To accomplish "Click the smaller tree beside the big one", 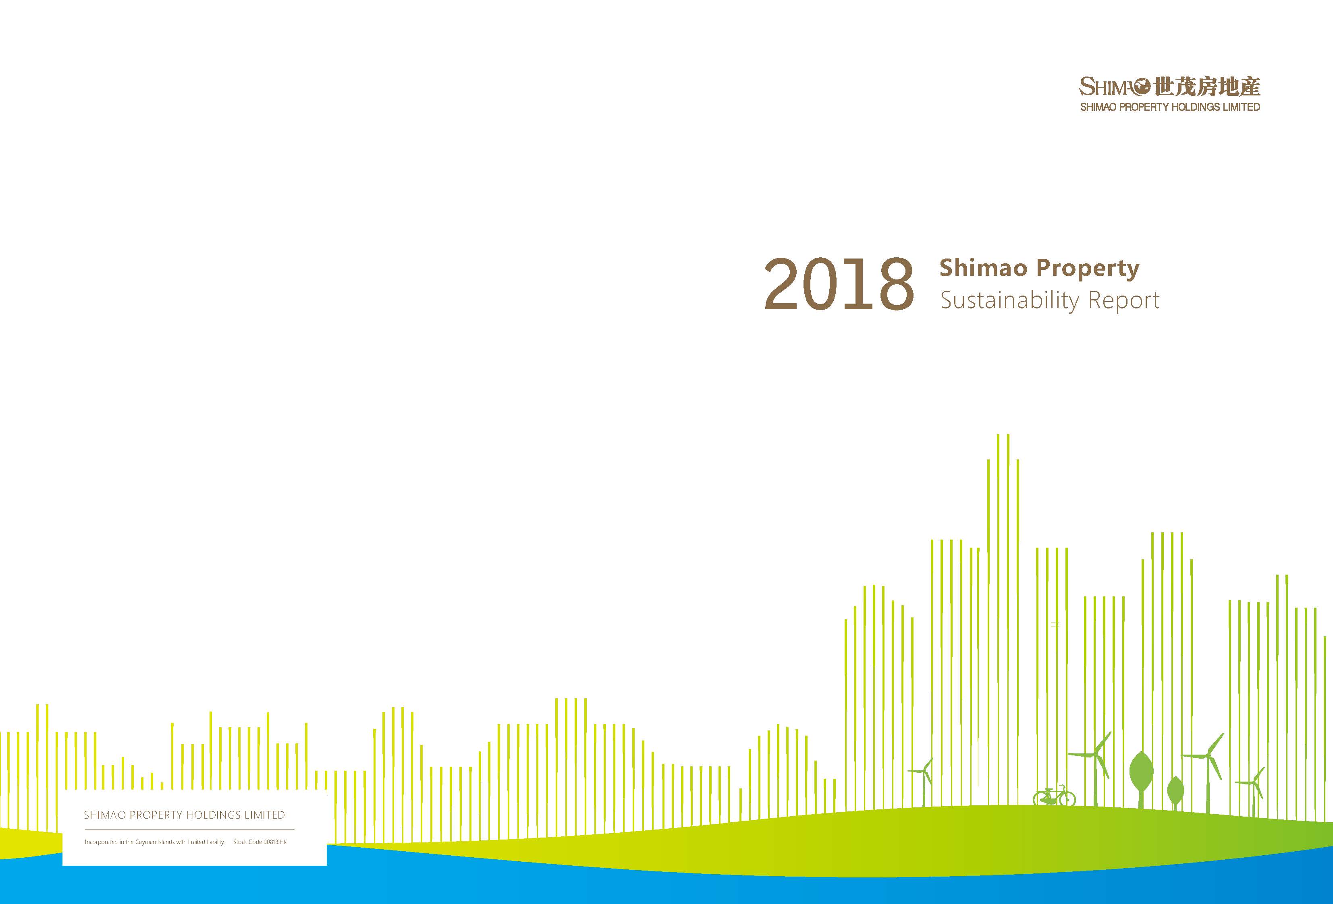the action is tap(1175, 792).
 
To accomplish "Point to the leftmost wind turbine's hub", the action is tap(924, 772).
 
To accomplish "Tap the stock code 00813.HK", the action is tap(275, 842).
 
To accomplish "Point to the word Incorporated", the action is tap(102, 842).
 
